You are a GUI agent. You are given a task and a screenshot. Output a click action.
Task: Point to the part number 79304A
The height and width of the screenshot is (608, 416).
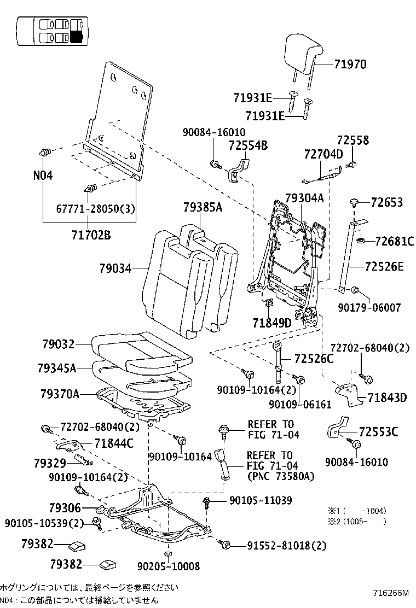[x=305, y=198]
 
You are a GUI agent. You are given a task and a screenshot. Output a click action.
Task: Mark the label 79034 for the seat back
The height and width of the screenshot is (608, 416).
[x=115, y=268]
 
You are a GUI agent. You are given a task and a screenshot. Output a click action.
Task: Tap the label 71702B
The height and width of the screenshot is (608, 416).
[x=91, y=236]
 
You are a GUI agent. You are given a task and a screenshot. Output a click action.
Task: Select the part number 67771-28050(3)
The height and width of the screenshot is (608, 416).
[x=95, y=209]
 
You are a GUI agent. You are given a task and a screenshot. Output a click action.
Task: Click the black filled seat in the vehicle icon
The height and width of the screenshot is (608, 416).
[x=77, y=37]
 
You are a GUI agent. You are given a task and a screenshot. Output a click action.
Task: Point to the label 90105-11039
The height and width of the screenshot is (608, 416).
[x=260, y=500]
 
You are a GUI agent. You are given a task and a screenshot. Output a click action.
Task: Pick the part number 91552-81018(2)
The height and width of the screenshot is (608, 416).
[x=286, y=545]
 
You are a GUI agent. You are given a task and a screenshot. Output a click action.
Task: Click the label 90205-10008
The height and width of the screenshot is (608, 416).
[x=168, y=566]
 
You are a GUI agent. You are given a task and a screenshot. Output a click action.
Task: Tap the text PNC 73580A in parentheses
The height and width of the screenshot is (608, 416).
[x=281, y=476]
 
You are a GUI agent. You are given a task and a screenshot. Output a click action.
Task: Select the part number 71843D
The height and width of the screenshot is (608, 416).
[x=387, y=397]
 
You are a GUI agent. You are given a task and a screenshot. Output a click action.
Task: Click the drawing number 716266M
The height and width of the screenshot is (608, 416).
[x=391, y=593]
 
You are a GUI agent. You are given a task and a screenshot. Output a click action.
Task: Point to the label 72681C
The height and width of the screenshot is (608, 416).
[x=394, y=241]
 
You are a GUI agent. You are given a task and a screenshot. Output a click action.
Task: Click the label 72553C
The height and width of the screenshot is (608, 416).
[x=378, y=432]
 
